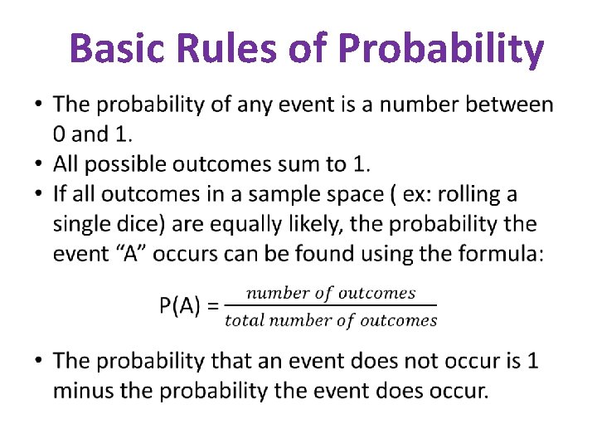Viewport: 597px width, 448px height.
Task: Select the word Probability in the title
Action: pyautogui.click(x=441, y=50)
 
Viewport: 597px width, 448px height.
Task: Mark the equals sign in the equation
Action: pyautogui.click(x=212, y=306)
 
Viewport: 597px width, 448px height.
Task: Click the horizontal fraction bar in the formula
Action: pyautogui.click(x=331, y=305)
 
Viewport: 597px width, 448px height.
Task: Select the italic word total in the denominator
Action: pyautogui.click(x=243, y=320)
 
